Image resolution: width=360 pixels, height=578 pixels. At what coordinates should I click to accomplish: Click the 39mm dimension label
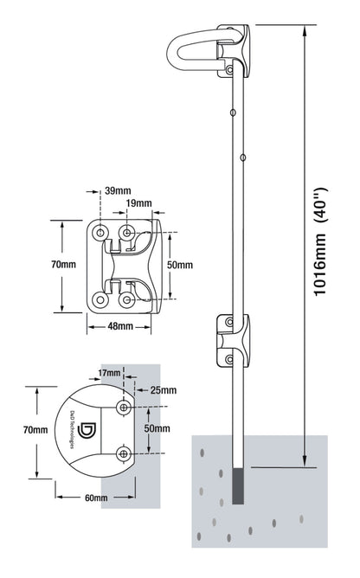pyautogui.click(x=118, y=190)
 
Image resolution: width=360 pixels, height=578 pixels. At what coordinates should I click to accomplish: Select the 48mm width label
pyautogui.click(x=119, y=327)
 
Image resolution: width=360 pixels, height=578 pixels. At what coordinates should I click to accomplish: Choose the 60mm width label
pyautogui.click(x=95, y=498)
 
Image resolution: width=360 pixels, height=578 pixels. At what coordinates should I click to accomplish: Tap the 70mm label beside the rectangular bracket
pyautogui.click(x=63, y=265)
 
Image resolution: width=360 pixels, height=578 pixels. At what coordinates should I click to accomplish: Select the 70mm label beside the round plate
pyautogui.click(x=35, y=430)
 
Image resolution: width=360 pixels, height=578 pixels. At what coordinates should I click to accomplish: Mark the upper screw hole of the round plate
pyautogui.click(x=125, y=407)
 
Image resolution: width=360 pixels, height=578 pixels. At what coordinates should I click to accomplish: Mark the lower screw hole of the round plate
pyautogui.click(x=125, y=453)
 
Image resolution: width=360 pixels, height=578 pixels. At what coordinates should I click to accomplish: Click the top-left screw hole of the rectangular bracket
pyautogui.click(x=102, y=233)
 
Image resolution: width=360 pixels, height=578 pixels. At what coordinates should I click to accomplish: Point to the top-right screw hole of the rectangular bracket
pyautogui.click(x=128, y=233)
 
